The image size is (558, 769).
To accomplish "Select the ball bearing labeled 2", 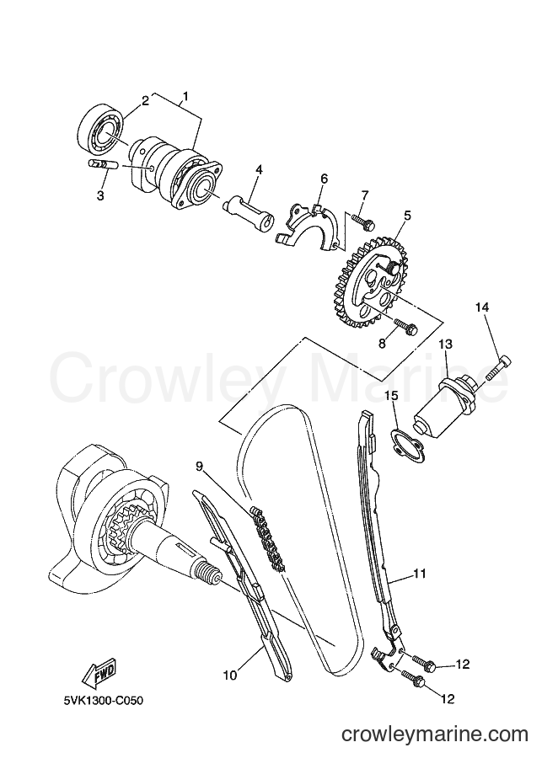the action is click(101, 129).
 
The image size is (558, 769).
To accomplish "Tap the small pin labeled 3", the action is click(102, 164).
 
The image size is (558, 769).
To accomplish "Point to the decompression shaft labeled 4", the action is click(249, 213).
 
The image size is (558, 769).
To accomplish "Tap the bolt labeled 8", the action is click(405, 327).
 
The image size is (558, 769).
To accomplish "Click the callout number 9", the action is click(198, 467).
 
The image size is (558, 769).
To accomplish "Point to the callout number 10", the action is click(229, 675).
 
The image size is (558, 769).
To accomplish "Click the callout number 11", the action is click(419, 574).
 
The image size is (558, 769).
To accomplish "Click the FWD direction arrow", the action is click(98, 670).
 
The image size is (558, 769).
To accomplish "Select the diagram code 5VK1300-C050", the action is click(105, 700).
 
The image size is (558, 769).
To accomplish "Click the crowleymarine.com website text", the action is click(434, 734).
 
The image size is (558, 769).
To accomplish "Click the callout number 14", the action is click(481, 307).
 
